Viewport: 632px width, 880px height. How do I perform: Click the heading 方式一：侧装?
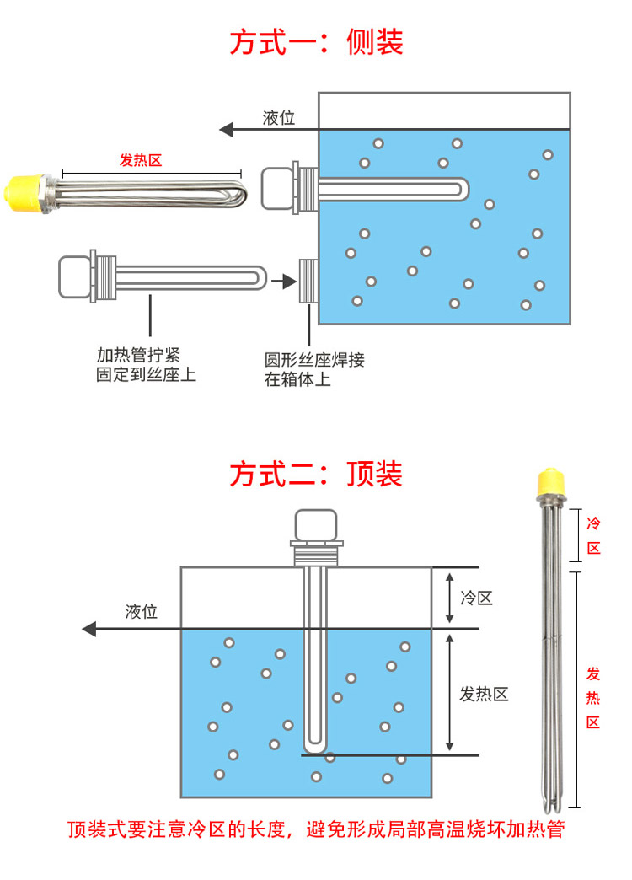pyautogui.click(x=316, y=41)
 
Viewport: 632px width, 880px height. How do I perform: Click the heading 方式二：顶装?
pyautogui.click(x=316, y=474)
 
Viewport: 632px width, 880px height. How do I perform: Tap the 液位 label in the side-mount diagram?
pyautogui.click(x=279, y=118)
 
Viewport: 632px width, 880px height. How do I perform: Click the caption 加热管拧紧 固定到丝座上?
pyautogui.click(x=146, y=364)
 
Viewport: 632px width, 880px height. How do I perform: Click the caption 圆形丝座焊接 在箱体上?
pyautogui.click(x=314, y=369)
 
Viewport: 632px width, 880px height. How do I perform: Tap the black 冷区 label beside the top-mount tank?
pyautogui.click(x=476, y=598)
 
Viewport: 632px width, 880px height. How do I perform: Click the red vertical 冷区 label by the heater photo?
pyautogui.click(x=593, y=535)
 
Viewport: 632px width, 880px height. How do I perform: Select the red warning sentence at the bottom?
pyautogui.click(x=316, y=829)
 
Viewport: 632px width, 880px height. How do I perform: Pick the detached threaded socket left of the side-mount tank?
pyautogui.click(x=309, y=280)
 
